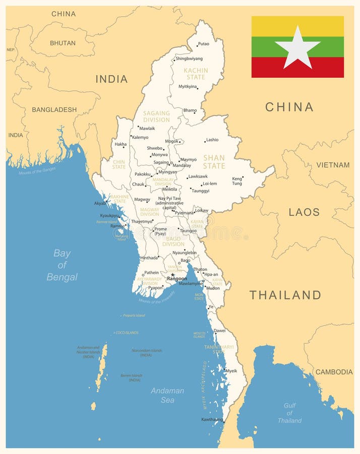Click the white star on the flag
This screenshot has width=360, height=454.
click(x=297, y=47)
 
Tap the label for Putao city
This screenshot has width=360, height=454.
click(x=204, y=44)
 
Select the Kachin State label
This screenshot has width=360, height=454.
click(x=195, y=74)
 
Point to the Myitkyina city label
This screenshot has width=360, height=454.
click(x=188, y=86)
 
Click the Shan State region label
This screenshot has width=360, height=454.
click(x=214, y=161)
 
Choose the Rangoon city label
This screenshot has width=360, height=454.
click(x=177, y=278)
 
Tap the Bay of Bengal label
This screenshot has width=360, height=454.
click(x=62, y=265)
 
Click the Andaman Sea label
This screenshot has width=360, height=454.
click(x=167, y=395)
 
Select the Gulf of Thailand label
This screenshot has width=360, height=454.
click(x=289, y=413)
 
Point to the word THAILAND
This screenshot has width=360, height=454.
click(x=285, y=295)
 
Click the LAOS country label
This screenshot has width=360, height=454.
click(x=304, y=212)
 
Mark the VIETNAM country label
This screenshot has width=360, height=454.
click(x=333, y=165)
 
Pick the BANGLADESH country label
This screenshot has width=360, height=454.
click(x=54, y=109)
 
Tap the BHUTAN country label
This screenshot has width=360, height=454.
click(x=63, y=43)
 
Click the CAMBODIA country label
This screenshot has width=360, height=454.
click(x=334, y=372)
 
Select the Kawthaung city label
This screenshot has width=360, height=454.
click(x=212, y=419)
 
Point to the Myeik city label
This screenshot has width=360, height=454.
click(x=231, y=371)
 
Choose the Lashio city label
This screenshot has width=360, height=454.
click(x=212, y=140)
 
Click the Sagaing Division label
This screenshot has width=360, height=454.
click(x=156, y=117)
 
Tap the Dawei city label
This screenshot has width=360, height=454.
click(x=220, y=331)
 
